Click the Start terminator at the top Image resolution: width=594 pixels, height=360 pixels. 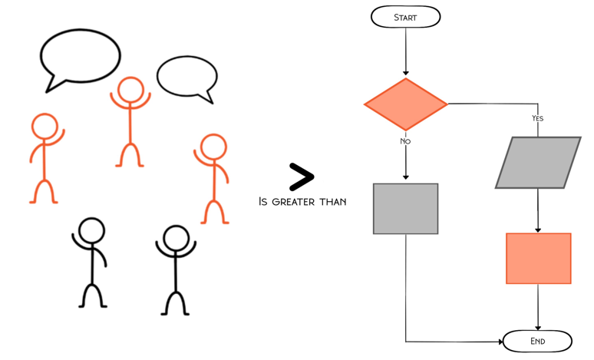pyautogui.click(x=405, y=17)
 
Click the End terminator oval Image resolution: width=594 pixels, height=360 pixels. pyautogui.click(x=537, y=341)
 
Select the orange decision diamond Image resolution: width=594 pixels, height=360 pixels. pyautogui.click(x=405, y=104)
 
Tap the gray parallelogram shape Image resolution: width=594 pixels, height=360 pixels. pyautogui.click(x=538, y=163)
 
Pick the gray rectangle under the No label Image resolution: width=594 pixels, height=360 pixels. pyautogui.click(x=405, y=209)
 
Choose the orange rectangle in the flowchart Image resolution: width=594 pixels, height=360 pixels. pyautogui.click(x=538, y=259)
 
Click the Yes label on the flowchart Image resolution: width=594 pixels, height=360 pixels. pyautogui.click(x=537, y=118)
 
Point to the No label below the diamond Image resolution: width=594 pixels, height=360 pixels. pyautogui.click(x=405, y=141)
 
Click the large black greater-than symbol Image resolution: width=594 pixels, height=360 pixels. pyautogui.click(x=301, y=177)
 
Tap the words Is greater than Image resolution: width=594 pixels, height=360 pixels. pyautogui.click(x=302, y=202)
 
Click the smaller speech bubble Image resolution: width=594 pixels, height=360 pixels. pyautogui.click(x=186, y=78)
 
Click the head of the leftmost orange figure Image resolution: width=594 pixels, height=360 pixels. pyautogui.click(x=45, y=126)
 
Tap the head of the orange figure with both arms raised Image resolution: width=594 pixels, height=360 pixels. pyautogui.click(x=130, y=89)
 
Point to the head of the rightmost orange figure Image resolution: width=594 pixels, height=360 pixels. pyautogui.click(x=213, y=146)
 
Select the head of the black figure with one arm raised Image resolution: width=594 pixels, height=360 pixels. pyautogui.click(x=91, y=230)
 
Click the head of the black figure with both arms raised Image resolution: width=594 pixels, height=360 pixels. pyautogui.click(x=176, y=237)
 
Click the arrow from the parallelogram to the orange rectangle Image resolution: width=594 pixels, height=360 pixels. pyautogui.click(x=538, y=210)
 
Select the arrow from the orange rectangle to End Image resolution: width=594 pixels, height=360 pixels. pyautogui.click(x=538, y=307)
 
